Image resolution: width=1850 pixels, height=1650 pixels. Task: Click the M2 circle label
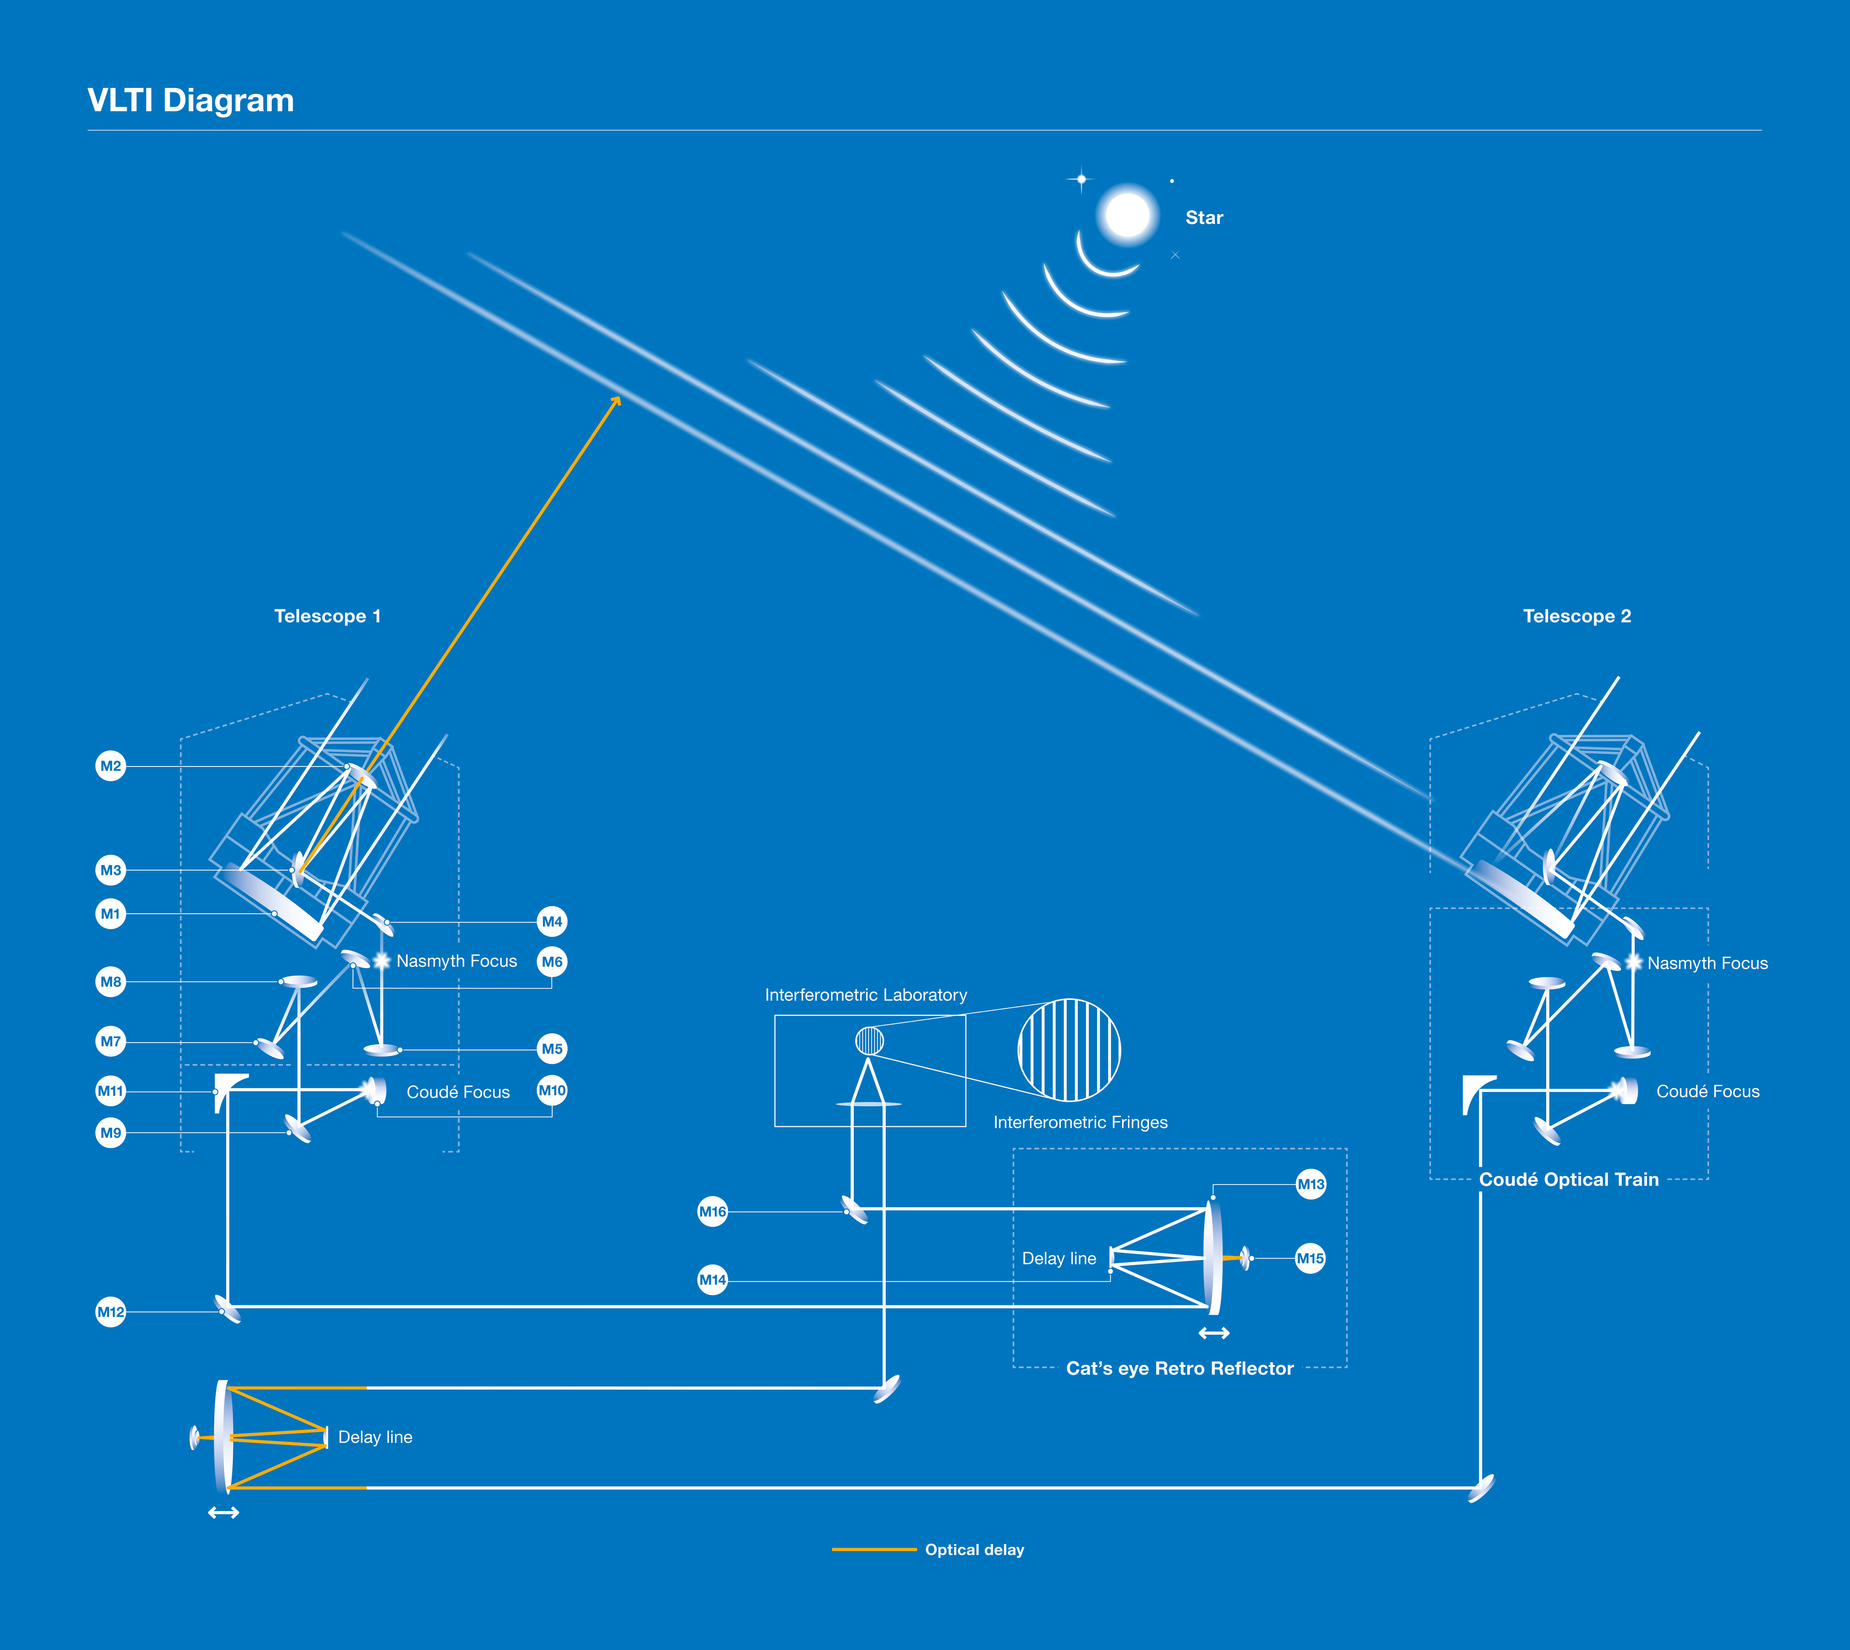[111, 766]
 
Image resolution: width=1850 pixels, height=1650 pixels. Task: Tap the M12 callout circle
[111, 1312]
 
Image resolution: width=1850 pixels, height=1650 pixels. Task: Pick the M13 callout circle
[1311, 1184]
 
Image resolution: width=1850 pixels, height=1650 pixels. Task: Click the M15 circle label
[1310, 1258]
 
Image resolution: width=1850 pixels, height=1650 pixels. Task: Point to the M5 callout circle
[552, 1049]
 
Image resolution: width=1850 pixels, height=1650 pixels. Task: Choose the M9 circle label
[111, 1132]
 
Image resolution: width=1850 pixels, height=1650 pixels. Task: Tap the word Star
[1204, 217]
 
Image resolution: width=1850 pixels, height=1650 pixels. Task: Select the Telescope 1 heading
[327, 617]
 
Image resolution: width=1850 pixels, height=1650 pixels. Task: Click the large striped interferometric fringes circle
[1070, 1050]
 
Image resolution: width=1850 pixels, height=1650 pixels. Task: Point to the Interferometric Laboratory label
[866, 995]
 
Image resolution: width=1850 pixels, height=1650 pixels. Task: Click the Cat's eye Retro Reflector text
[1179, 1368]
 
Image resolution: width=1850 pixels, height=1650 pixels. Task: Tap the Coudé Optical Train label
[1568, 1180]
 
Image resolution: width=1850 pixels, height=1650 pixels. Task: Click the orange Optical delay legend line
[874, 1549]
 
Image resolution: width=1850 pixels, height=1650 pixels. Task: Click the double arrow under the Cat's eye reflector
[1214, 1333]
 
